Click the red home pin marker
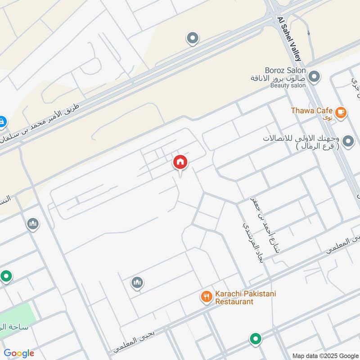pyautogui.click(x=180, y=162)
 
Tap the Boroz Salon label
pyautogui.click(x=285, y=71)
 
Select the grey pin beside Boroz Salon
pyautogui.click(x=315, y=77)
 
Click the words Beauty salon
pyautogui.click(x=288, y=85)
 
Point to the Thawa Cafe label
pyautogui.click(x=311, y=111)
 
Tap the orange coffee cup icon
pyautogui.click(x=341, y=112)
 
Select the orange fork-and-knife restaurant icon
pyautogui.click(x=206, y=296)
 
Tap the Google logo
pyautogui.click(x=19, y=353)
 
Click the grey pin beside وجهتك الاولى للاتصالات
pyautogui.click(x=348, y=142)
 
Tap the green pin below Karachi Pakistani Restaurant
pyautogui.click(x=255, y=338)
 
